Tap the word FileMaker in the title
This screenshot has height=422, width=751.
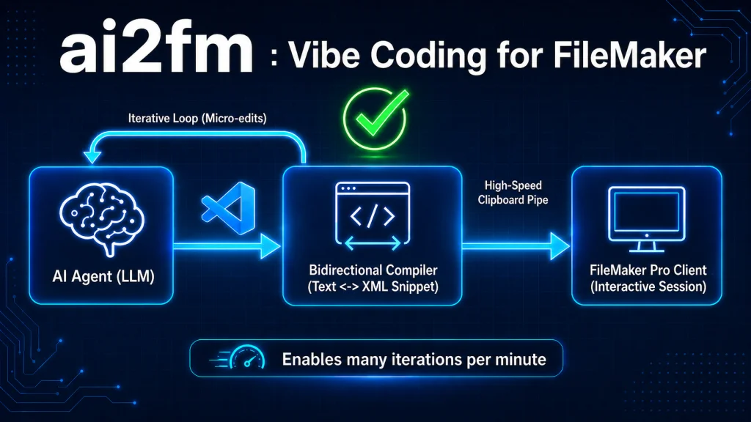[x=629, y=55]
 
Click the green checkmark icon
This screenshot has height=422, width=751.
[x=376, y=118]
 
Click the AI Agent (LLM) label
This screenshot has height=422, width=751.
[x=103, y=276]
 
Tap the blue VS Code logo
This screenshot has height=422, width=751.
[x=229, y=208]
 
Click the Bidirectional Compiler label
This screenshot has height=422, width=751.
[x=373, y=270]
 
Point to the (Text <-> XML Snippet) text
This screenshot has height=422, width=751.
[x=373, y=286]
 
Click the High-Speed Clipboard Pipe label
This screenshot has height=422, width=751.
[x=513, y=193]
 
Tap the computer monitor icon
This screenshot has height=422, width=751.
[x=647, y=219]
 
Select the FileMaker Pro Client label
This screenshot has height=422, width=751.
[x=648, y=270]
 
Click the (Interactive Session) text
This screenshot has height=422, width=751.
[x=648, y=286]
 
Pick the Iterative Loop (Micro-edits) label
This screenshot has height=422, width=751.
[x=197, y=118]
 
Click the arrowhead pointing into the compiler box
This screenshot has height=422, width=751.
[x=270, y=246]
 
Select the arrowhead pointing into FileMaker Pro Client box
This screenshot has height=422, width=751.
[x=560, y=246]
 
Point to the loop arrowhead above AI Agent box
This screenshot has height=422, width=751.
[x=92, y=158]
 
